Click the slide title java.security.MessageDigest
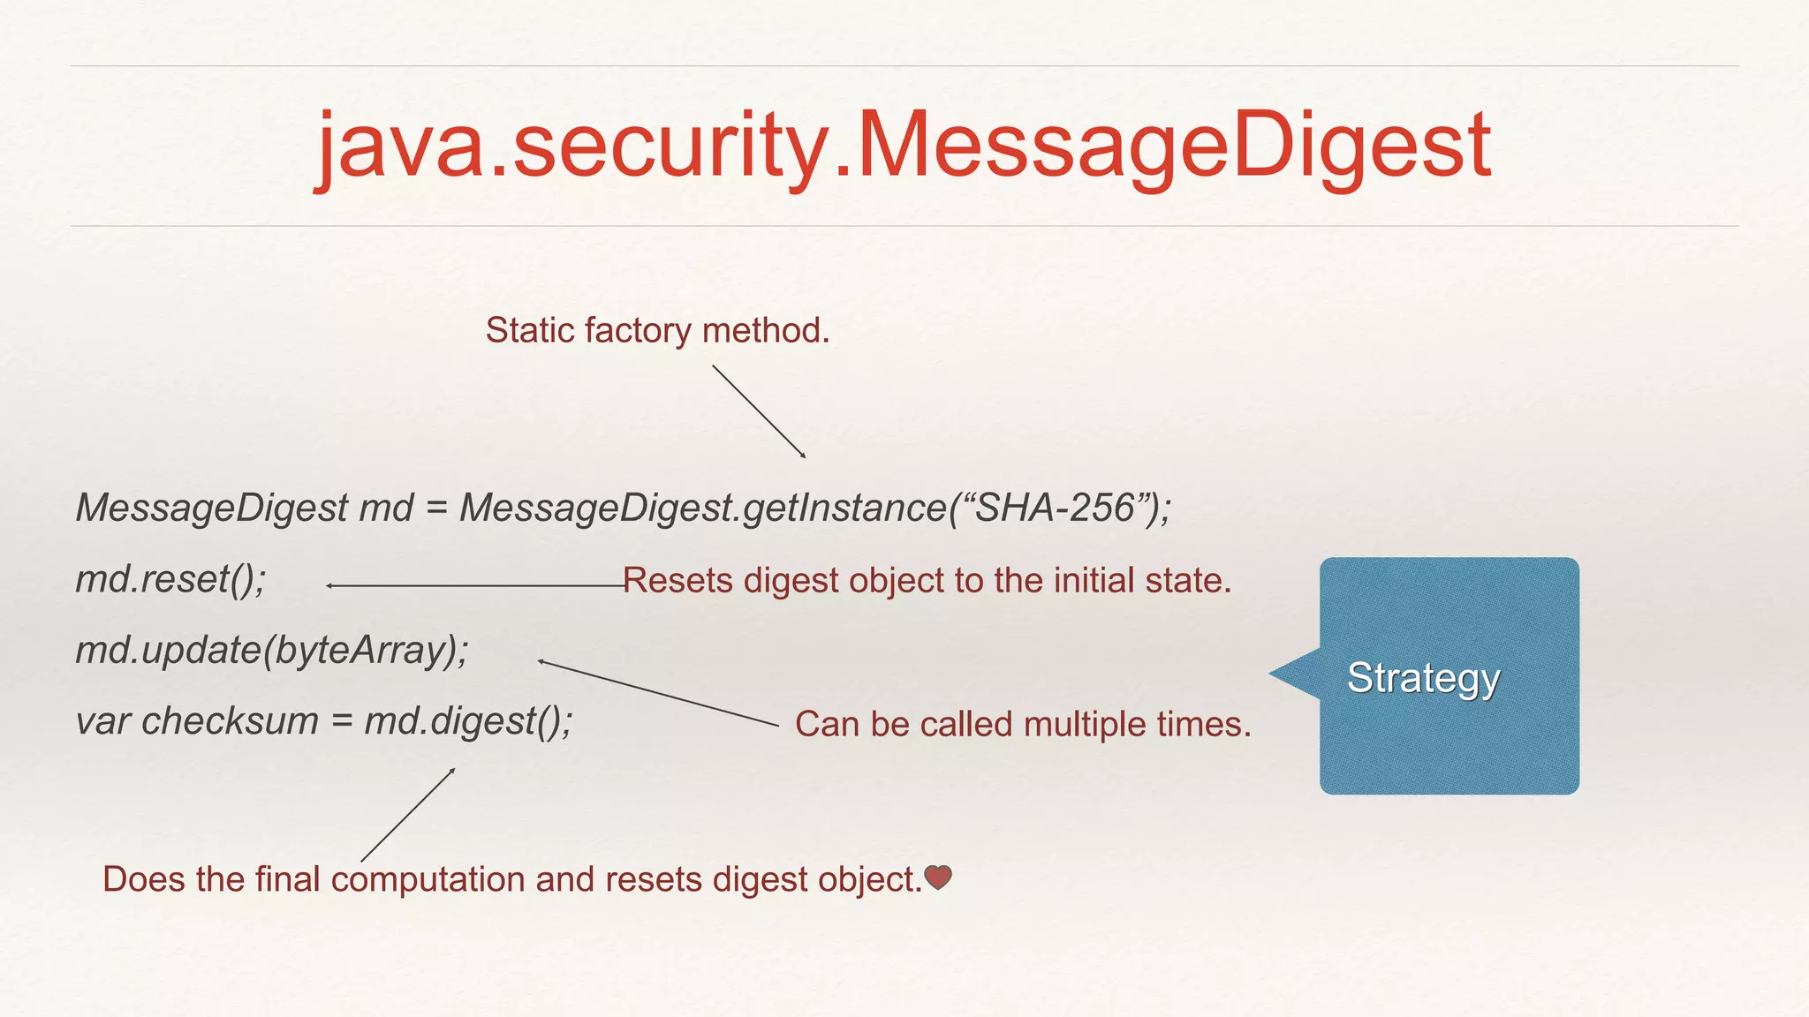(x=904, y=146)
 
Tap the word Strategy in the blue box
(x=1423, y=678)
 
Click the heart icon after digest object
(x=937, y=878)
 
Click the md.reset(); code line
(x=170, y=579)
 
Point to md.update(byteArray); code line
(x=272, y=651)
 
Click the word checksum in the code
(x=230, y=721)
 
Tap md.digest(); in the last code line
(x=468, y=721)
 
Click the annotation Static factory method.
(x=657, y=330)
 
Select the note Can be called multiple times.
(x=1023, y=724)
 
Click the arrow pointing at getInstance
(x=759, y=411)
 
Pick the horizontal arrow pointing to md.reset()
(x=475, y=585)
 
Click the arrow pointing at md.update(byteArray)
(x=658, y=693)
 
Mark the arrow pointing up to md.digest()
(x=408, y=814)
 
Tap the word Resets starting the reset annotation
(x=677, y=581)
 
